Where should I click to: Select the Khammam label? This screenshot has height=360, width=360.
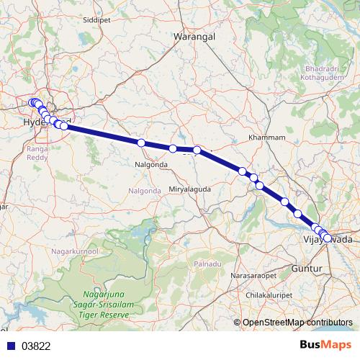pos(266,137)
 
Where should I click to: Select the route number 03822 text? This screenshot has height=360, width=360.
pos(36,346)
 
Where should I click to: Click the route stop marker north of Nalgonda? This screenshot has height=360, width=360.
pos(142,143)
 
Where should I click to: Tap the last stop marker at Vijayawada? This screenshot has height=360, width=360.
pos(328,238)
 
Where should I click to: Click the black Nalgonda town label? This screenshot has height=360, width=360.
pos(150,164)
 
